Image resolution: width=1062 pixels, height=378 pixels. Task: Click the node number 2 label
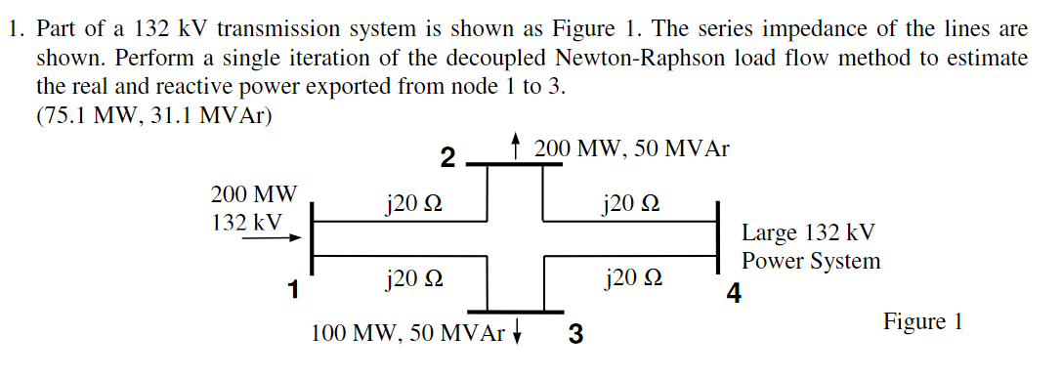(447, 157)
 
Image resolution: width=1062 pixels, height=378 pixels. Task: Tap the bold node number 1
(292, 288)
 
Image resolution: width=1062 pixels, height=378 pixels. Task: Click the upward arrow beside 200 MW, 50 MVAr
(516, 148)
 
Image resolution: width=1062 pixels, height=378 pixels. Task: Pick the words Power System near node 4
(810, 262)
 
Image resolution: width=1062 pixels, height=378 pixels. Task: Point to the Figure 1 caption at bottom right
(922, 321)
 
